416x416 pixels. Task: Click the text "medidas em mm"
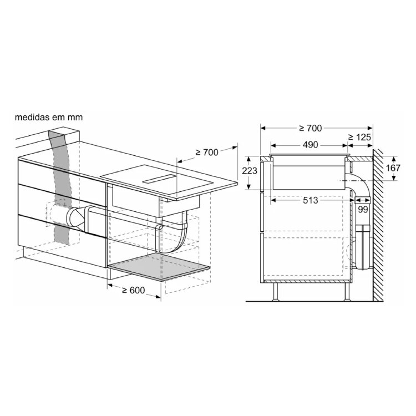(x=49, y=117)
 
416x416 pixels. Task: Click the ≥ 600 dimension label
(x=134, y=290)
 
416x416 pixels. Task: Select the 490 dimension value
(x=310, y=145)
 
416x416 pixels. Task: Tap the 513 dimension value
(x=310, y=200)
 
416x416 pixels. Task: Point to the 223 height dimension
(x=250, y=171)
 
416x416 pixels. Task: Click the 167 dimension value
(x=393, y=168)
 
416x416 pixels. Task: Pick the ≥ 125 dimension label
(x=359, y=137)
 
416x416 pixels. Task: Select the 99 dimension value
(x=363, y=210)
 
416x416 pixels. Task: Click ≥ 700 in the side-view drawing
(x=310, y=128)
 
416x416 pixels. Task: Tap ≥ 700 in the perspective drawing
(x=207, y=153)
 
